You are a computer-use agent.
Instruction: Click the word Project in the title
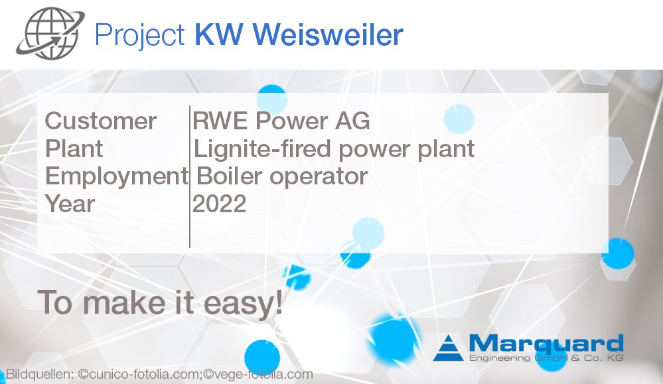[x=140, y=34]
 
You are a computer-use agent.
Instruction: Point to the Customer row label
[x=101, y=121]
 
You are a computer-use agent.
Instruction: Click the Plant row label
[x=74, y=149]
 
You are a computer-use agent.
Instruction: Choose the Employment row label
[x=116, y=176]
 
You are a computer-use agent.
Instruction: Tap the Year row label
[x=70, y=204]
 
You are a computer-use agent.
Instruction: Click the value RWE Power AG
[x=281, y=121]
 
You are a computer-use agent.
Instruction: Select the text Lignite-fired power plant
[x=334, y=149]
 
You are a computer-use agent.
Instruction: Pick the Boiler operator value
[x=281, y=176]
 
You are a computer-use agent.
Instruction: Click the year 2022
[x=219, y=204]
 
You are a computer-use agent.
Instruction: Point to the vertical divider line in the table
[x=190, y=176]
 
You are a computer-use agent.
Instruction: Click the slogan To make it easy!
[x=160, y=302]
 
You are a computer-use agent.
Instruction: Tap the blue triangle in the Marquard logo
[x=449, y=348]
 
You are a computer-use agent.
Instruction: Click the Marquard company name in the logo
[x=546, y=344]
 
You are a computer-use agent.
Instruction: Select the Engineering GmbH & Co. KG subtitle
[x=546, y=358]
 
